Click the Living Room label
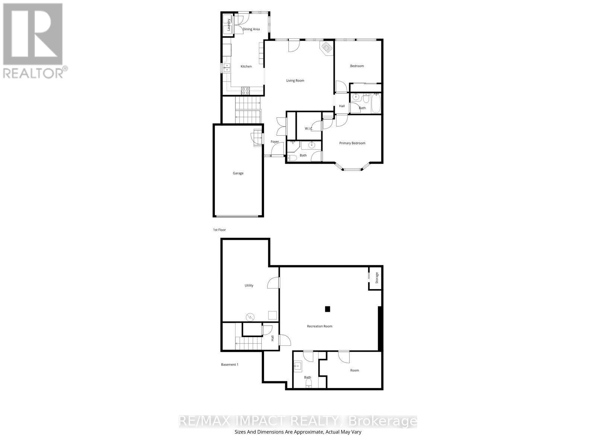point(295,80)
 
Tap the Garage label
point(238,173)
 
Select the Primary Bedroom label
point(352,143)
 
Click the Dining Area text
point(251,29)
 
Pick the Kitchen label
point(246,66)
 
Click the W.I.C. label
point(309,129)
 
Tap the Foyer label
point(275,142)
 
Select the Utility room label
point(249,285)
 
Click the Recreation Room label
point(319,326)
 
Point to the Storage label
point(377,278)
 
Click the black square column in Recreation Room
point(327,309)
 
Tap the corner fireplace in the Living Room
point(327,48)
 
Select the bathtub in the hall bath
point(375,103)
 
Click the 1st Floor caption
point(219,230)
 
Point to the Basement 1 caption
point(229,364)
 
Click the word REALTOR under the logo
point(34,73)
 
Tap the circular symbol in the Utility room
point(250,317)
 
